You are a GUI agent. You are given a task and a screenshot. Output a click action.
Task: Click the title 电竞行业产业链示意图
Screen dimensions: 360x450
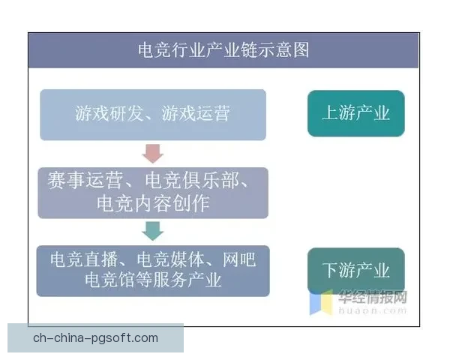223,50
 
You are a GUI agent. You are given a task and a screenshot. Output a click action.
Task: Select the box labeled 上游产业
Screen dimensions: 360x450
355,113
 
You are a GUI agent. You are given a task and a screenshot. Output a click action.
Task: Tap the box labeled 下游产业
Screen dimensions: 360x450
355,270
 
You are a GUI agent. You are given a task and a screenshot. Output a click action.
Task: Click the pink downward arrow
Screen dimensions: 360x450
153,154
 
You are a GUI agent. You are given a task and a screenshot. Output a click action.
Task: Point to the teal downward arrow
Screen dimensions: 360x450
153,230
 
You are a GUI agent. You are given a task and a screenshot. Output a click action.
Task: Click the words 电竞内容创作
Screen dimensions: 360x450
153,203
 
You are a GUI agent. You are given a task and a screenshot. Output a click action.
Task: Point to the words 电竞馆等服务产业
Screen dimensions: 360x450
153,280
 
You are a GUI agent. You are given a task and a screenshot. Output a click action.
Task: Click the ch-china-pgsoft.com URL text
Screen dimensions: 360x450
95,337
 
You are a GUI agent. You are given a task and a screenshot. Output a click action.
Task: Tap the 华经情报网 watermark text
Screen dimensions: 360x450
373,295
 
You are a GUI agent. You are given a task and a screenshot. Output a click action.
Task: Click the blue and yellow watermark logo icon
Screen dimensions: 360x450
322,302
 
